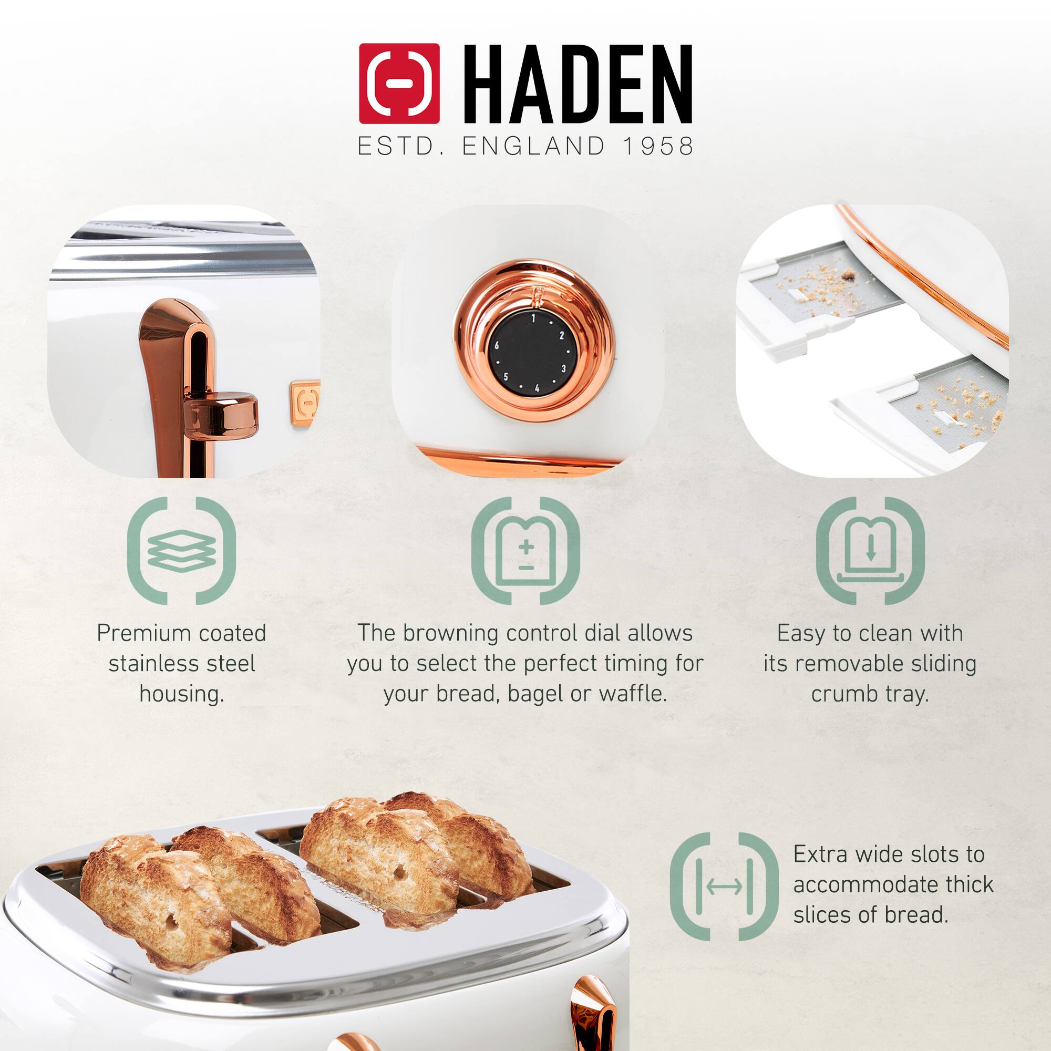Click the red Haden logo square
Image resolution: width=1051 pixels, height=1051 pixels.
pyautogui.click(x=399, y=83)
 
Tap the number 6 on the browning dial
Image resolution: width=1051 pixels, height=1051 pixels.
pyautogui.click(x=497, y=345)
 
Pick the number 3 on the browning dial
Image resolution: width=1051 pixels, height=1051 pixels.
pyautogui.click(x=563, y=369)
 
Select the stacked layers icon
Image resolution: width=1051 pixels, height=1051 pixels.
pyautogui.click(x=181, y=550)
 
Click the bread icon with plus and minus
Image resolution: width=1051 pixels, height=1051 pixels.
pyautogui.click(x=525, y=550)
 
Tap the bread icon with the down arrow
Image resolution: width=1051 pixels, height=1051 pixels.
pyautogui.click(x=870, y=550)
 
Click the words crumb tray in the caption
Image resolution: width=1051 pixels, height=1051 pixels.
pyautogui.click(x=870, y=694)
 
